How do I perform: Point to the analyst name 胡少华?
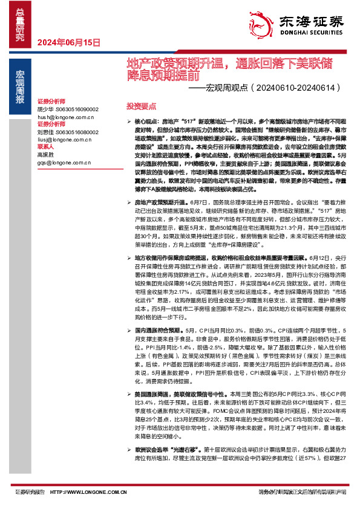pyautogui.click(x=45, y=109)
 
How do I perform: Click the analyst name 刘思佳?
pyautogui.click(x=45, y=131)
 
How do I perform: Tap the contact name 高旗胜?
pyautogui.click(x=45, y=155)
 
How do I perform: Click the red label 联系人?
pyautogui.click(x=45, y=146)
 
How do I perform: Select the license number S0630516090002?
pyautogui.click(x=77, y=109)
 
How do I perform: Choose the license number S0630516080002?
pyautogui.click(x=77, y=131)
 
